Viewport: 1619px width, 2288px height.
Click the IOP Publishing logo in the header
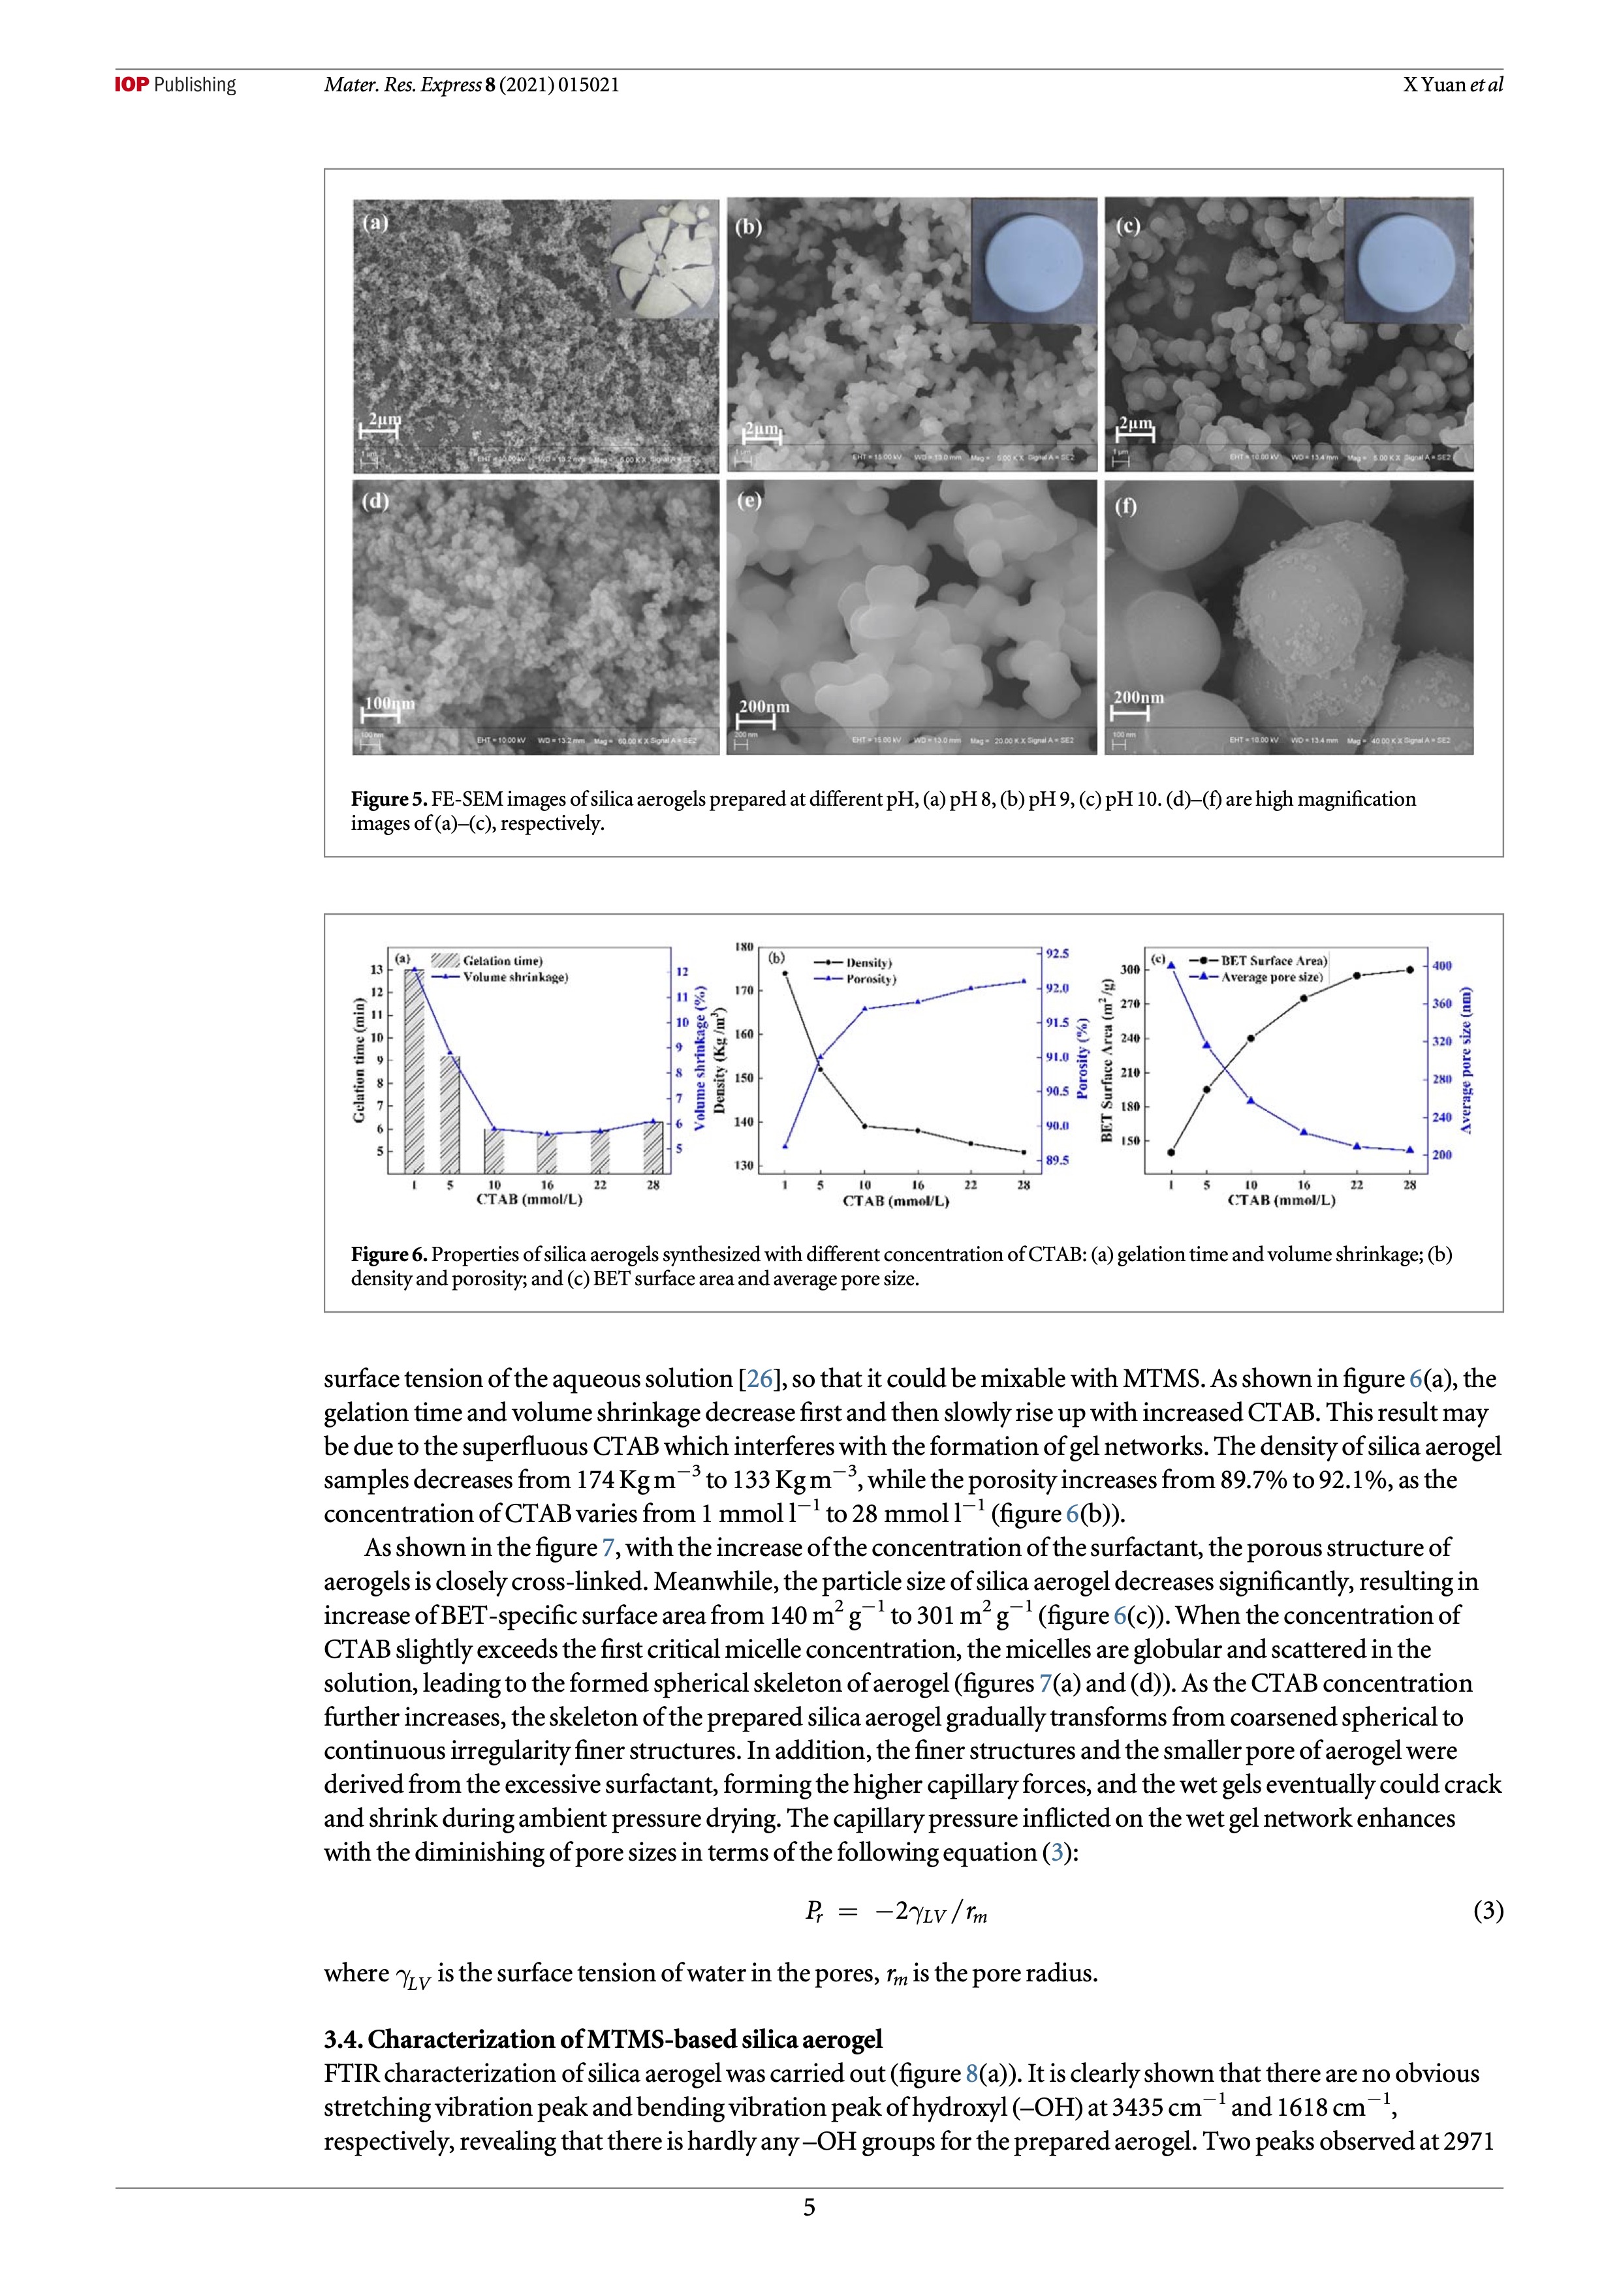coord(176,85)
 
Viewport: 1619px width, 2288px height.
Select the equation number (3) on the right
coord(1487,1910)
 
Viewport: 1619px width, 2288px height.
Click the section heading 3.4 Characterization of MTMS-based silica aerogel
coord(603,2039)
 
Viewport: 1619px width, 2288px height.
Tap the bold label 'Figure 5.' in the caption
coord(388,799)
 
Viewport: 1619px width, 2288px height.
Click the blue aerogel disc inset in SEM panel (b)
coord(1033,260)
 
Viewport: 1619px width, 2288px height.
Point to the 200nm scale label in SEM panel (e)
coord(764,707)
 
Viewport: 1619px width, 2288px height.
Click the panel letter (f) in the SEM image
coord(1125,506)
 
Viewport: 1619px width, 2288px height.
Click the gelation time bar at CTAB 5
coord(450,1113)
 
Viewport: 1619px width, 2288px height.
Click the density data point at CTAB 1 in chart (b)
coord(785,973)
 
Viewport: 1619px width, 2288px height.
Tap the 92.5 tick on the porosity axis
coord(1057,954)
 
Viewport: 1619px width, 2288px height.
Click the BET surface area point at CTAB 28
coord(1409,969)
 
